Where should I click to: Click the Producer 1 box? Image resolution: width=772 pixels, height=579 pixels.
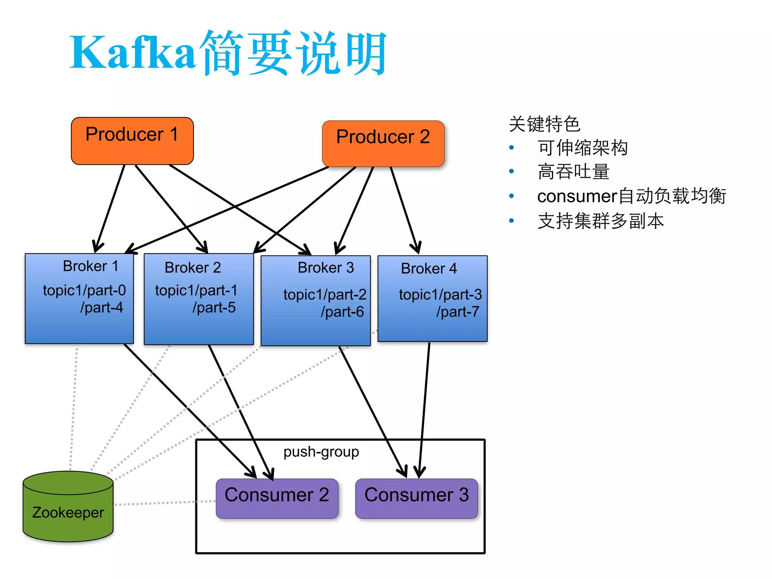[x=132, y=141]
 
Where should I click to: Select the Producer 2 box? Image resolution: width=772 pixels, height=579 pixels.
[x=383, y=143]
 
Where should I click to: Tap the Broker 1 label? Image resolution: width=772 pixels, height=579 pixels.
[x=90, y=266]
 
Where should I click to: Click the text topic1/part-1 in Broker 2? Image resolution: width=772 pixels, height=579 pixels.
[x=196, y=290]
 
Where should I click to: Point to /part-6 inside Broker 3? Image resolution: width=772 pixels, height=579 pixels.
[x=342, y=312]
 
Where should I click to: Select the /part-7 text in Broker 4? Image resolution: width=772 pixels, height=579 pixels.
[x=458, y=312]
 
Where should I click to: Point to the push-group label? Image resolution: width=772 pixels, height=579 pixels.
[x=321, y=452]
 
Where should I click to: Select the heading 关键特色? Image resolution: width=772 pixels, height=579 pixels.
[x=544, y=124]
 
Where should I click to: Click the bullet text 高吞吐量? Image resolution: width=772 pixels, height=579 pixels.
[x=573, y=172]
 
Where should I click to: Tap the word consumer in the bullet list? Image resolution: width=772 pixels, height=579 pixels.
[x=577, y=196]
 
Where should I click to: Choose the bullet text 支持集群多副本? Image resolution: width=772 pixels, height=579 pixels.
[x=600, y=221]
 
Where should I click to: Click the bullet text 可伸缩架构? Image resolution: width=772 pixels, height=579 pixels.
[x=582, y=148]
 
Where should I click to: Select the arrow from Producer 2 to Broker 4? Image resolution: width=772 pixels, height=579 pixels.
[x=404, y=209]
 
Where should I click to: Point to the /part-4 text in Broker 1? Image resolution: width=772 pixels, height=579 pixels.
[x=101, y=308]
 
